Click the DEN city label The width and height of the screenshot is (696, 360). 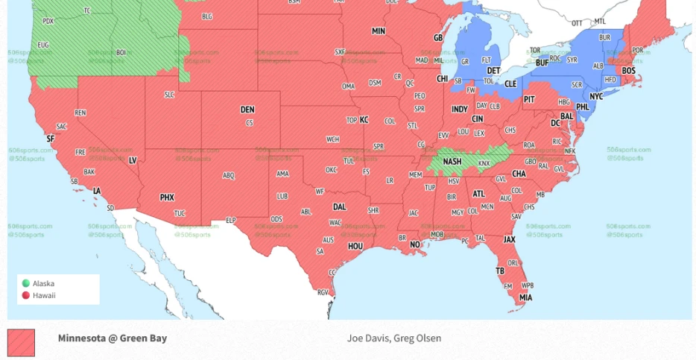tap(247, 110)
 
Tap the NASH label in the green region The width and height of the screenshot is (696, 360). tap(452, 161)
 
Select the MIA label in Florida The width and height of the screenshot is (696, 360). tap(526, 297)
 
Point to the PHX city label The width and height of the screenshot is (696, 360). tap(167, 198)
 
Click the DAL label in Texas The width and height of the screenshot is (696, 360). tap(339, 207)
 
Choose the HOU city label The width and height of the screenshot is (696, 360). tap(355, 246)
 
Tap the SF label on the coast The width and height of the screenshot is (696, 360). tap(51, 139)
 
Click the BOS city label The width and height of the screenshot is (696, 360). tap(629, 71)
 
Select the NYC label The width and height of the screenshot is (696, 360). tap(596, 97)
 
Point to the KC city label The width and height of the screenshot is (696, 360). tap(364, 120)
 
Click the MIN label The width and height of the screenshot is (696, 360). tap(379, 31)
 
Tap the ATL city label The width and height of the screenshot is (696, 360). tap(478, 194)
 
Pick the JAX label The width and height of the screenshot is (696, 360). tap(510, 239)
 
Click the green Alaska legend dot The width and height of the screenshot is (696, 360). tap(26, 283)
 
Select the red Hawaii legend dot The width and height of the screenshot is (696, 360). tap(26, 295)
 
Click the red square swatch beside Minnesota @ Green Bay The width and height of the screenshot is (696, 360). tap(21, 343)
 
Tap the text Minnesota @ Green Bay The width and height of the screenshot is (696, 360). tap(113, 338)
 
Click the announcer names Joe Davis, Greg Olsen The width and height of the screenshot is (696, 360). tap(394, 338)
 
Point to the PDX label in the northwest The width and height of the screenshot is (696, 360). tap(48, 21)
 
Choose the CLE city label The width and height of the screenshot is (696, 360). tap(510, 84)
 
